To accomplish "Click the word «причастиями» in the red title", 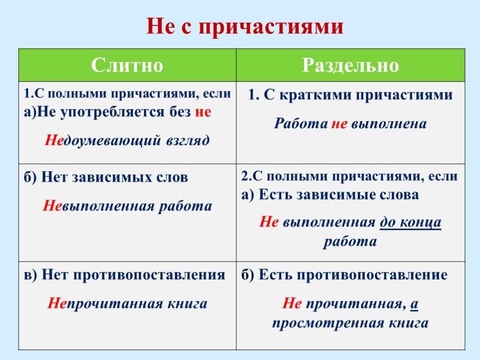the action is coord(271,26).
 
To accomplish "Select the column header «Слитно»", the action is coord(127,65).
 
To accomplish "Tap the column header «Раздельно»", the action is coord(351,65).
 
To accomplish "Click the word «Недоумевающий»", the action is coord(103,141).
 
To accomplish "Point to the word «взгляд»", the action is coord(188,141).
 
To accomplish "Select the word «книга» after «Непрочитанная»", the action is coord(187,303).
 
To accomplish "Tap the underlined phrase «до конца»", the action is coord(411,222).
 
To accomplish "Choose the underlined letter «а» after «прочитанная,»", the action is coord(414,304).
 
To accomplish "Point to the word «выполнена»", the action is coord(389,124).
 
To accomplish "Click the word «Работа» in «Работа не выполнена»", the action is coord(300,123).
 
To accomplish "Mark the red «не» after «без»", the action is coord(203,112).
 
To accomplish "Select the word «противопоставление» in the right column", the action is coord(372,275).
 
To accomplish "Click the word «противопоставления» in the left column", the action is coord(149,275).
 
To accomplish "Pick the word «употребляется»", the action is coord(112,112).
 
